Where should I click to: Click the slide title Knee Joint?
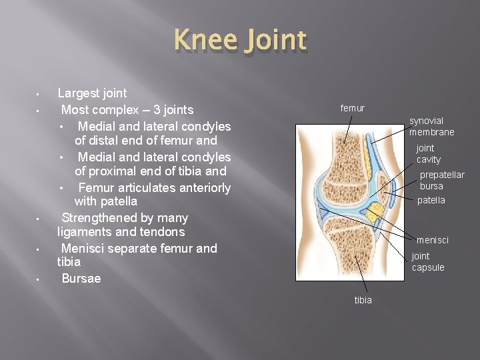tap(240, 41)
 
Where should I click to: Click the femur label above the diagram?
tap(352, 108)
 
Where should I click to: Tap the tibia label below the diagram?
tap(363, 300)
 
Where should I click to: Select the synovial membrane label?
tap(431, 126)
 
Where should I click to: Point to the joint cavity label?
tap(428, 153)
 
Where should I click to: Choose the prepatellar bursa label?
tap(441, 180)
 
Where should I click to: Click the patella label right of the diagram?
tap(431, 200)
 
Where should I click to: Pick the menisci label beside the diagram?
tap(432, 240)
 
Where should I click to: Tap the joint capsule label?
tap(427, 261)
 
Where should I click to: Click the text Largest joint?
tap(92, 93)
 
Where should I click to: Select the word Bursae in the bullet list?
tap(81, 279)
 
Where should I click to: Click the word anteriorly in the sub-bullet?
tap(203, 188)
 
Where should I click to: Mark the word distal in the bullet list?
tap(105, 141)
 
